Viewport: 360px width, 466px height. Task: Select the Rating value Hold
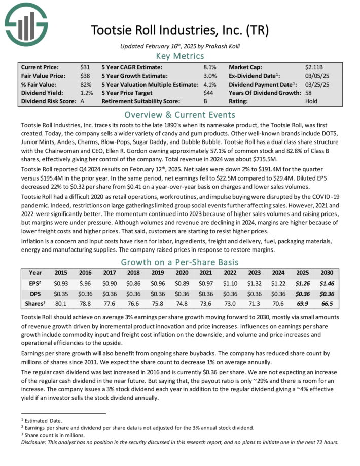point(311,101)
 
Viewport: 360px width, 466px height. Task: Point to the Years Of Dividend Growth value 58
point(309,93)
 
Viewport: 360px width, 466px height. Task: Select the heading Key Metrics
point(181,56)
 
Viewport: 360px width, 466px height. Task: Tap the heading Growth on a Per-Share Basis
point(181,263)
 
